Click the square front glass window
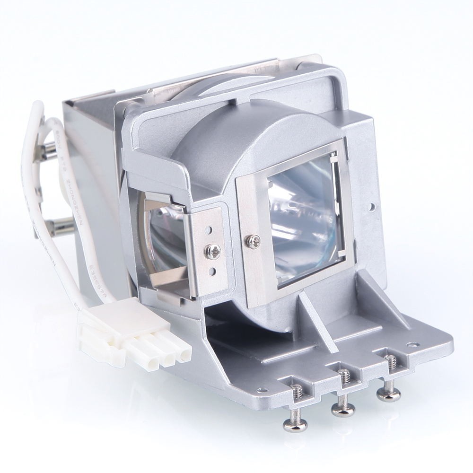pos(305,218)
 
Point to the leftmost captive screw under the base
pos(296,416)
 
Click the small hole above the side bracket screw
pos(209,230)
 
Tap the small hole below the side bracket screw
pos(212,272)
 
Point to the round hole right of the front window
pos(372,207)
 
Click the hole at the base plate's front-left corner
pos(259,390)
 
